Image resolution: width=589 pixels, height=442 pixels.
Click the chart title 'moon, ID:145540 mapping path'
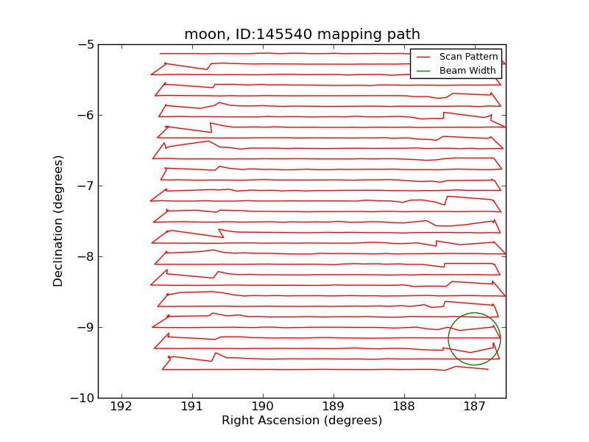coord(302,35)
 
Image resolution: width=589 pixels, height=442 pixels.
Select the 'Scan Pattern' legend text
coord(468,57)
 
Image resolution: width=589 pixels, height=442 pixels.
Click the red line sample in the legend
coord(423,57)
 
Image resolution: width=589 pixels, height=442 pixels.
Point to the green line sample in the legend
coord(423,71)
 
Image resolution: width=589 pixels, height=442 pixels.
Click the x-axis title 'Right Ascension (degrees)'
coord(302,421)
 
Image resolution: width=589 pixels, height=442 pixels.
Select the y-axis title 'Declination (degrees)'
coord(59,221)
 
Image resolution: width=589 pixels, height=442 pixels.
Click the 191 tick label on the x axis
coord(191,407)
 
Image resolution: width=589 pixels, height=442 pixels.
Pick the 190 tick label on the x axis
coord(262,407)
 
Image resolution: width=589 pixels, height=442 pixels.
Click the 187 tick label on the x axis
coord(474,407)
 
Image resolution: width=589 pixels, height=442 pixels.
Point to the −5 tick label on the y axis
coord(85,44)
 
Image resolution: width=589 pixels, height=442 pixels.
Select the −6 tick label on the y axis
coord(85,115)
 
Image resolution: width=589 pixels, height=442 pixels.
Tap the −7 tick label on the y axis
coord(85,186)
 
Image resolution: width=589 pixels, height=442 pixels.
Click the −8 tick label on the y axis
coord(85,256)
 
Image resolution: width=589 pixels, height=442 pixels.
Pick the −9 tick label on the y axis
coord(85,327)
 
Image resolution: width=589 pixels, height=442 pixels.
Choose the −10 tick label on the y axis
coord(82,398)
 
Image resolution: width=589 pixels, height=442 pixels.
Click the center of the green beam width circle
coord(474,339)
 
